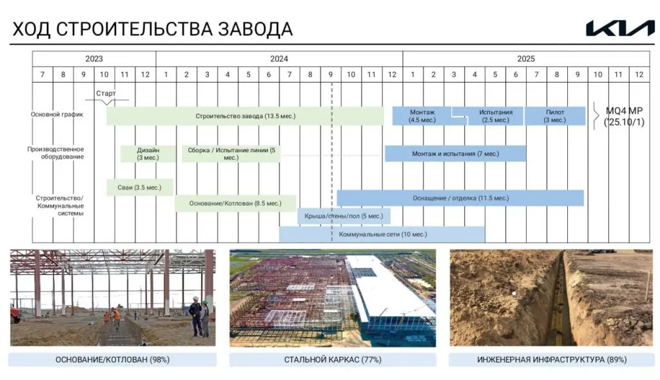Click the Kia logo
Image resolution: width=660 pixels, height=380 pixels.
[x=620, y=28]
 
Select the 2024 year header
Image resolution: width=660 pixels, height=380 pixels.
[x=279, y=59]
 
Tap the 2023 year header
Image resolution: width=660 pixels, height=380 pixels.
[x=94, y=59]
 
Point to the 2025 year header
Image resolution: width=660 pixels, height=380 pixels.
[x=526, y=59]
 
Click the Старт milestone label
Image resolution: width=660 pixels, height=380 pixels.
[x=106, y=94]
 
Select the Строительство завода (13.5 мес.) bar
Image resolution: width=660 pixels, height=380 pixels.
[x=245, y=116]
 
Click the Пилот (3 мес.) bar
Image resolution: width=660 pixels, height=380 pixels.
[x=555, y=116]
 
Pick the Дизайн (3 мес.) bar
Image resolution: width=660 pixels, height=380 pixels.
[x=148, y=154]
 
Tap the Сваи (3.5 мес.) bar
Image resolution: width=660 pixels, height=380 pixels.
[x=140, y=188]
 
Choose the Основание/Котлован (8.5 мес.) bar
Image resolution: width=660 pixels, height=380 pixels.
[x=235, y=203]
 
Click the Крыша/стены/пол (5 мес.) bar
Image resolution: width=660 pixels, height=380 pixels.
[x=344, y=215]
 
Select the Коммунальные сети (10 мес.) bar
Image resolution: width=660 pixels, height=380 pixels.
[x=382, y=234]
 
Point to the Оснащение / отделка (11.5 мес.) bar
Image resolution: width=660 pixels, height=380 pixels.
[x=460, y=198]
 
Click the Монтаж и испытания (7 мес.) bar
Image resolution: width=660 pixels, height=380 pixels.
[x=456, y=154]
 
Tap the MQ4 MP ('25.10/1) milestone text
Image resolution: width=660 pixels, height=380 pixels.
[x=624, y=116]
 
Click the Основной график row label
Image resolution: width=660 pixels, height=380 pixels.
[x=57, y=115]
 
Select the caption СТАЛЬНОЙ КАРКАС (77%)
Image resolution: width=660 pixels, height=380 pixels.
[x=333, y=360]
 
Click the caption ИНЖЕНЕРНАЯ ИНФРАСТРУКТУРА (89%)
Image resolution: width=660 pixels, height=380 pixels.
[x=552, y=360]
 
